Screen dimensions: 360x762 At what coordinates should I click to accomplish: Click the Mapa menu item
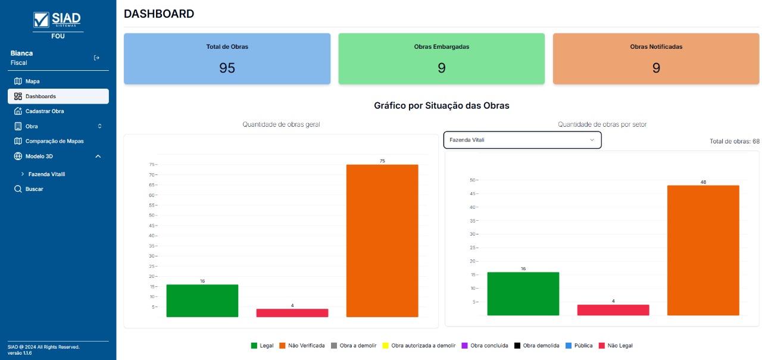pyautogui.click(x=32, y=81)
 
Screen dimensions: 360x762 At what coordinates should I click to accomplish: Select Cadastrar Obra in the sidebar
pyautogui.click(x=44, y=111)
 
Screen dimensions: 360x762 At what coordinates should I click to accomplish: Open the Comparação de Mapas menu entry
pyautogui.click(x=54, y=141)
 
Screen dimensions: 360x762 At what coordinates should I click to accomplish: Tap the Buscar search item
pyautogui.click(x=34, y=189)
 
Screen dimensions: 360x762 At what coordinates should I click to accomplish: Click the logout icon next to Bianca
pyautogui.click(x=96, y=58)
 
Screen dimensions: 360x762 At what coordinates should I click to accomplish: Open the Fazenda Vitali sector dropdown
pyautogui.click(x=522, y=140)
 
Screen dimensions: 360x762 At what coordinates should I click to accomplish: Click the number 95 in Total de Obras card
pyautogui.click(x=227, y=68)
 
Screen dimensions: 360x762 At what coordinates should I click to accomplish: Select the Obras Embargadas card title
pyautogui.click(x=441, y=47)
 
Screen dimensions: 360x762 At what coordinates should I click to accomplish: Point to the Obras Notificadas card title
pyautogui.click(x=656, y=46)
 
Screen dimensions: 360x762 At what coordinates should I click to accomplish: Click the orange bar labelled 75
pyautogui.click(x=382, y=240)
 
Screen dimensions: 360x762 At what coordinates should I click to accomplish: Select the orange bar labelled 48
pyautogui.click(x=703, y=250)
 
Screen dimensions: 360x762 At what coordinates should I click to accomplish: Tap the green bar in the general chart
pyautogui.click(x=202, y=300)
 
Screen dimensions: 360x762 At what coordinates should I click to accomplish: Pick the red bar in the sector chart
pyautogui.click(x=613, y=309)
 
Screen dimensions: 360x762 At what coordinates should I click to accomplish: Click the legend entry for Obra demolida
pyautogui.click(x=536, y=345)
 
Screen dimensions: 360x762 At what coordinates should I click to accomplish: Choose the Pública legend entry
pyautogui.click(x=579, y=345)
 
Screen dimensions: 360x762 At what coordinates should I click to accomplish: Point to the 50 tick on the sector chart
pyautogui.click(x=473, y=180)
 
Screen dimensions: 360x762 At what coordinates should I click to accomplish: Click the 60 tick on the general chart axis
pyautogui.click(x=152, y=195)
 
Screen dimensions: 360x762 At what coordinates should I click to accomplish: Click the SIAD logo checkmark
pyautogui.click(x=42, y=20)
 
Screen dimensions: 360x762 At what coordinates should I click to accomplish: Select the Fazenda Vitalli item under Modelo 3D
pyautogui.click(x=46, y=174)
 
